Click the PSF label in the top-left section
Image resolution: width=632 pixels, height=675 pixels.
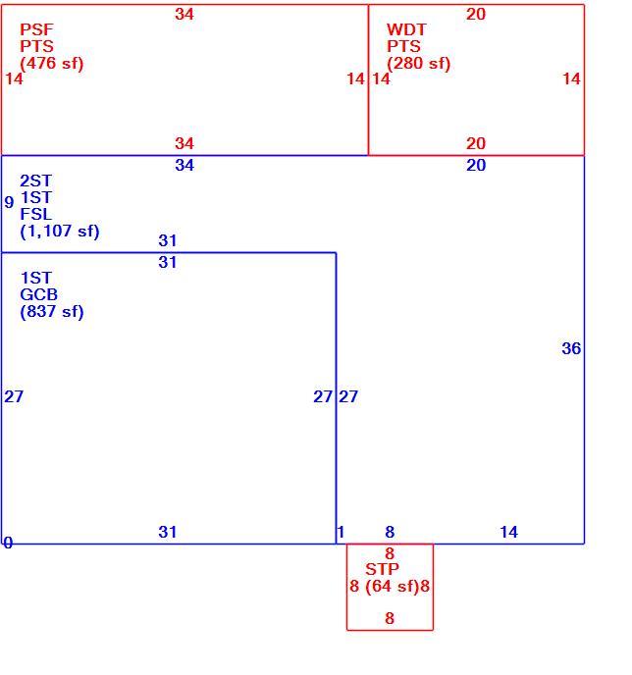[36, 29]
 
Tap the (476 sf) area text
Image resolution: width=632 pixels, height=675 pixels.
[52, 63]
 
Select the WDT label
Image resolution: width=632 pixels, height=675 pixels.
[406, 29]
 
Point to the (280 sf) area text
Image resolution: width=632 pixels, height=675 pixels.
[418, 63]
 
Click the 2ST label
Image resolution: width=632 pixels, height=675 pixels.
[36, 181]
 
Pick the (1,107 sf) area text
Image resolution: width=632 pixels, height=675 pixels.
[60, 232]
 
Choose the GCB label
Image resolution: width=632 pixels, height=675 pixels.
[38, 294]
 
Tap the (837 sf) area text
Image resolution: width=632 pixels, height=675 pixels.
[52, 311]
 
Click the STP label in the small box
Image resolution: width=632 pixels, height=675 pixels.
[382, 569]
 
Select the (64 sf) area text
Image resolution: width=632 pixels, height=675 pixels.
[393, 586]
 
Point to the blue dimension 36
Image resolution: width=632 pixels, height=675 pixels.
[571, 348]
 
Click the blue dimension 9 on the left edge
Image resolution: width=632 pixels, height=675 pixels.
[9, 202]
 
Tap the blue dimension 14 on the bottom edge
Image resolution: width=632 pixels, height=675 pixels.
[509, 532]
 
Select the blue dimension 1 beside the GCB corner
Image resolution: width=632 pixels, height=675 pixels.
[341, 532]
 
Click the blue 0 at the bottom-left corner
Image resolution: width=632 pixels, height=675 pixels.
[8, 543]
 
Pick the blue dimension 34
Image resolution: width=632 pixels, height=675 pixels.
[184, 165]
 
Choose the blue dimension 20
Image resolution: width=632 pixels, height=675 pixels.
[476, 165]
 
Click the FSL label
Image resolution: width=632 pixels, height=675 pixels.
[36, 215]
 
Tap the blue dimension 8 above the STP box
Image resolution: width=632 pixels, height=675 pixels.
[390, 532]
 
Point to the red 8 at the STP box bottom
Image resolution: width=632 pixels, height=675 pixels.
[390, 618]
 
